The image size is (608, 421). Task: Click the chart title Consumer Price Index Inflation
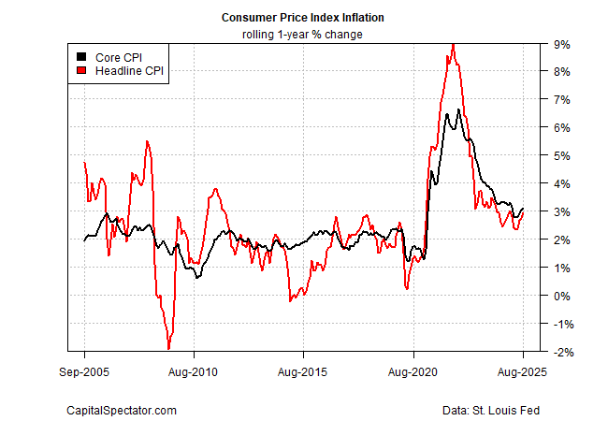pyautogui.click(x=303, y=18)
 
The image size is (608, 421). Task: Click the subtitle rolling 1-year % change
pyautogui.click(x=303, y=35)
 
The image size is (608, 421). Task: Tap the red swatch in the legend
pyautogui.click(x=82, y=70)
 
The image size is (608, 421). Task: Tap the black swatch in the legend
pyautogui.click(x=82, y=56)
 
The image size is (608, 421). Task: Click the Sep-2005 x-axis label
pyautogui.click(x=84, y=371)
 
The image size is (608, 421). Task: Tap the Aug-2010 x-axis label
pyautogui.click(x=194, y=371)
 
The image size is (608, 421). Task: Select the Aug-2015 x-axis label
pyautogui.click(x=303, y=371)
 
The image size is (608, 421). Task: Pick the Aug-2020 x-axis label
pyautogui.click(x=413, y=371)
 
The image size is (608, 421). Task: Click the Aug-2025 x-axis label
pyautogui.click(x=522, y=371)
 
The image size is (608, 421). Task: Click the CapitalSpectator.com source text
pyautogui.click(x=121, y=411)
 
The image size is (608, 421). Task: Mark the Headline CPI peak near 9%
pyautogui.click(x=453, y=44)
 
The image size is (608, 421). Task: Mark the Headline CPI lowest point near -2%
pyautogui.click(x=168, y=349)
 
